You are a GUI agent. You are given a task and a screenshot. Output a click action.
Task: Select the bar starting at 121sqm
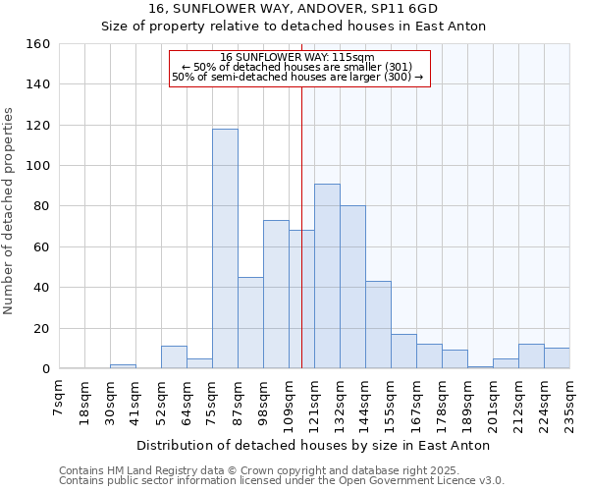click(x=327, y=276)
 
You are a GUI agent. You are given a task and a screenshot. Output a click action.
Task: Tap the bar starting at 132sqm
click(x=352, y=287)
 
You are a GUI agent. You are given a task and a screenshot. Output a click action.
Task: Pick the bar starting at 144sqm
click(x=378, y=325)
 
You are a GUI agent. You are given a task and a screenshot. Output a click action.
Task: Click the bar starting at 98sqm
click(x=276, y=295)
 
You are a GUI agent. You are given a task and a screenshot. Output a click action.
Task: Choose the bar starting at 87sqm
click(x=250, y=323)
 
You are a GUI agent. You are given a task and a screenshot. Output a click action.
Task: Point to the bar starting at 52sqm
click(x=174, y=357)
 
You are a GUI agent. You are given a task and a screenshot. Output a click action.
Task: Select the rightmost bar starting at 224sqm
click(x=557, y=358)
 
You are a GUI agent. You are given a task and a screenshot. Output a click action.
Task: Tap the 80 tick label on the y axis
click(x=41, y=206)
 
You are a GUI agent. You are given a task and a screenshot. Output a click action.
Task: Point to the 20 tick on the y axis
click(x=41, y=328)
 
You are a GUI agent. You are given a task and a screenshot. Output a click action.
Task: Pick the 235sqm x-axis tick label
click(x=570, y=402)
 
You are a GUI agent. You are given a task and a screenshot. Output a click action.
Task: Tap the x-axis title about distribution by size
click(x=313, y=446)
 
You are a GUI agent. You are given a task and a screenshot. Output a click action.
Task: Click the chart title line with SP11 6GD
click(x=294, y=9)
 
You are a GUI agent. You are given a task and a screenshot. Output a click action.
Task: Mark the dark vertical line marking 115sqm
click(x=301, y=245)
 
